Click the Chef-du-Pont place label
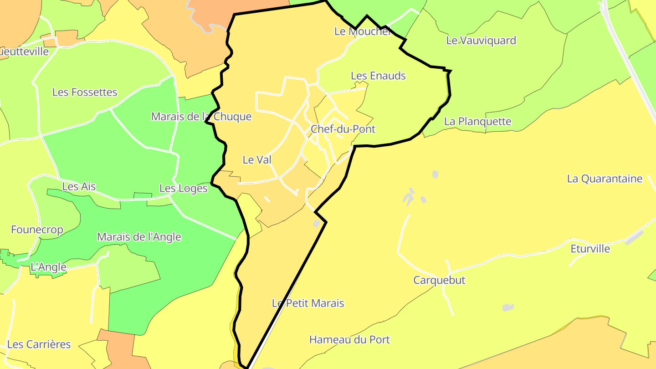click(343, 129)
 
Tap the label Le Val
click(257, 160)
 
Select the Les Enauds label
click(378, 76)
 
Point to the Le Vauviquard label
click(481, 41)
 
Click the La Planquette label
click(477, 122)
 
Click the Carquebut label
click(439, 280)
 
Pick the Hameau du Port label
click(349, 339)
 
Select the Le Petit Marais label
click(308, 303)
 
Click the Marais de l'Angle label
click(139, 237)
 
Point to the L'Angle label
click(48, 267)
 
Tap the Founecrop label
click(37, 230)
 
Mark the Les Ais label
click(79, 186)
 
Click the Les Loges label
click(183, 188)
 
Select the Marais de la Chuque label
click(201, 117)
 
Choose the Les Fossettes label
click(85, 92)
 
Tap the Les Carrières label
click(39, 344)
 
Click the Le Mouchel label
click(362, 31)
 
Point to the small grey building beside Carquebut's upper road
click(423, 200)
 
